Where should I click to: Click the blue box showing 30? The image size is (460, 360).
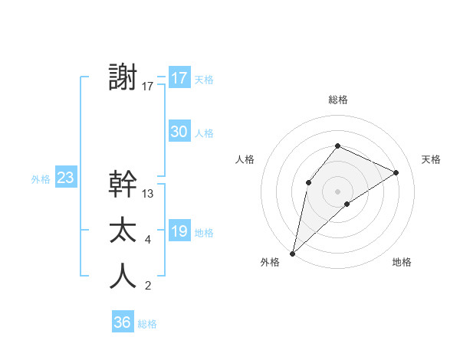coord(179,132)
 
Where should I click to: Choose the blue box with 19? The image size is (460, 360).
coord(179,231)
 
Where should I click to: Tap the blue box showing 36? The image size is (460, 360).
coord(123,322)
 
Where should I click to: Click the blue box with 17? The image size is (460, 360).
coord(179,78)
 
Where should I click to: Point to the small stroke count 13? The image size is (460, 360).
coord(148,194)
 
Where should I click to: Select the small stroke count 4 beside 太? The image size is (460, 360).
coord(148,241)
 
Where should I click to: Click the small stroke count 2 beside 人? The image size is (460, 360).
coord(148,286)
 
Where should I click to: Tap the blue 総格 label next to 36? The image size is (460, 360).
coord(147,324)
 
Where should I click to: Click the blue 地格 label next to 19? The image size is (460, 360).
coord(204,233)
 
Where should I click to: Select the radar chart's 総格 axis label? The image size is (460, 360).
coord(337,100)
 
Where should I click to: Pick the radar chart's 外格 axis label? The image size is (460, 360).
coord(270,263)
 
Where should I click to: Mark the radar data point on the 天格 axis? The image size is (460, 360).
coord(396,172)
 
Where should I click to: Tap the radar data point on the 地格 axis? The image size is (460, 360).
coord(347,204)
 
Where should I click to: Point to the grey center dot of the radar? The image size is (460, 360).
coord(337,191)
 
